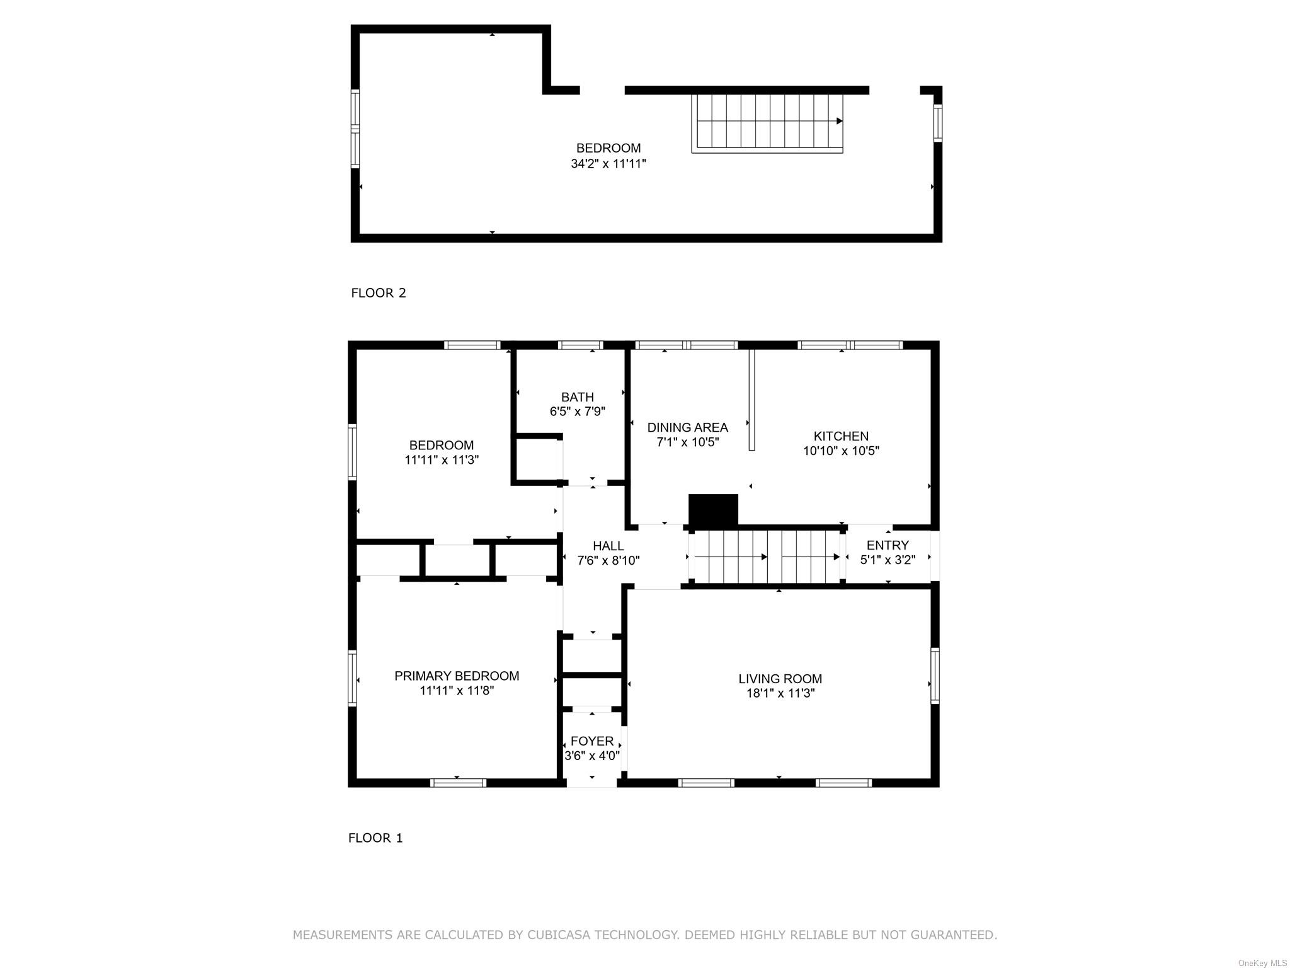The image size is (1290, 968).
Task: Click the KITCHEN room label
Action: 841,436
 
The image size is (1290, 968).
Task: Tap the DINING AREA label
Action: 687,428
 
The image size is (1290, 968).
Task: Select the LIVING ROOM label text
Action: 780,679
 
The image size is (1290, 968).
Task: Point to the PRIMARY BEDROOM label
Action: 457,676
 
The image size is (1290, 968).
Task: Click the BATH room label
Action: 578,397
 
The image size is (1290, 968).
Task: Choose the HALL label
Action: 608,546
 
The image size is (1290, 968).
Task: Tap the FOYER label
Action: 592,741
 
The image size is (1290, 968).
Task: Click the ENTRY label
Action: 888,545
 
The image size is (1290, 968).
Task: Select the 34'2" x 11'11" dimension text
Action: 608,164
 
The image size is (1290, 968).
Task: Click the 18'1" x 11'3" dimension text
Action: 780,693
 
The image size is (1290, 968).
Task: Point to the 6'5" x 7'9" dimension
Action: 578,412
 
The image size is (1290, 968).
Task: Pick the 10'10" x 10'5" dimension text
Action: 841,451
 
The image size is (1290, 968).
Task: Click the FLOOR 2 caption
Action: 379,293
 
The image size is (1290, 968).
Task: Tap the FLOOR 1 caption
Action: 375,838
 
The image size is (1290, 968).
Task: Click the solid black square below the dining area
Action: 713,510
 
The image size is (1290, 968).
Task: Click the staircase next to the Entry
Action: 766,557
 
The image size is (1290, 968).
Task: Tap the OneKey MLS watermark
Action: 1262,964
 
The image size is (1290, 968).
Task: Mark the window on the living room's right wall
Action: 935,676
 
